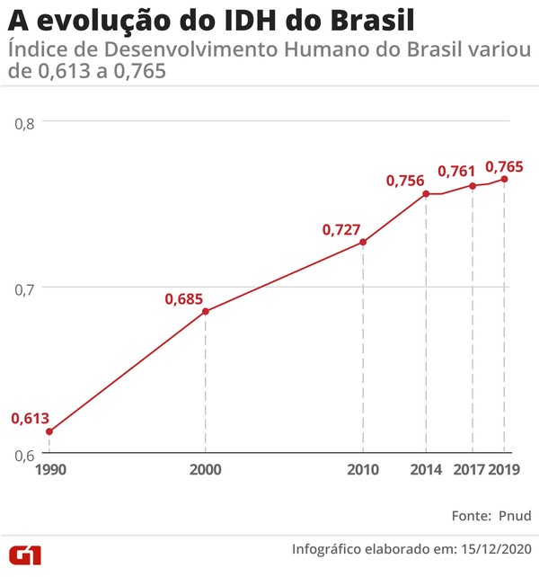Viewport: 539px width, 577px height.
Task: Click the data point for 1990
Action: coord(49,431)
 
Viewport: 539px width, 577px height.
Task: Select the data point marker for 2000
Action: coord(206,311)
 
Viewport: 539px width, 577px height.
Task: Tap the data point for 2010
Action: coord(363,242)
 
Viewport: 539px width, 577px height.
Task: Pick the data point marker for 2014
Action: coord(426,193)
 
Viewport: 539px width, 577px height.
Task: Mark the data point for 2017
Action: coord(473,185)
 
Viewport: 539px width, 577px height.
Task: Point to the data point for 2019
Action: coord(504,179)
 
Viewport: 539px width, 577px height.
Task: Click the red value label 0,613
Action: coord(30,418)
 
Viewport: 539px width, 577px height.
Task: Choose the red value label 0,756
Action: coord(405,181)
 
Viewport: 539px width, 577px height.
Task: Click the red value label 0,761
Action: coord(456,171)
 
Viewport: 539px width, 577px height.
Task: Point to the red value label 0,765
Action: coord(504,166)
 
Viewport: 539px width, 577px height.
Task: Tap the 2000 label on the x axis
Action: coord(206,469)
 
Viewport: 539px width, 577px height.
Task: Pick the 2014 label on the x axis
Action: coord(426,469)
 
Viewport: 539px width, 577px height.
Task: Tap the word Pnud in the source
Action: coord(513,515)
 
